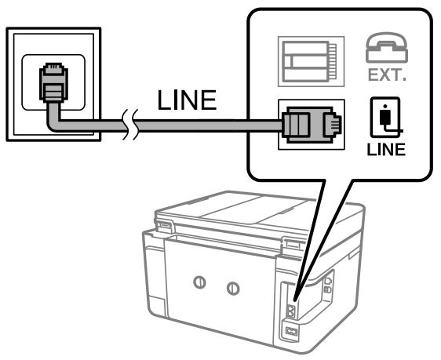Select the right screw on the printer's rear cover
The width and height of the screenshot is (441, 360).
point(231,288)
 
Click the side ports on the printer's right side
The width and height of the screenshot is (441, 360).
point(329,285)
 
